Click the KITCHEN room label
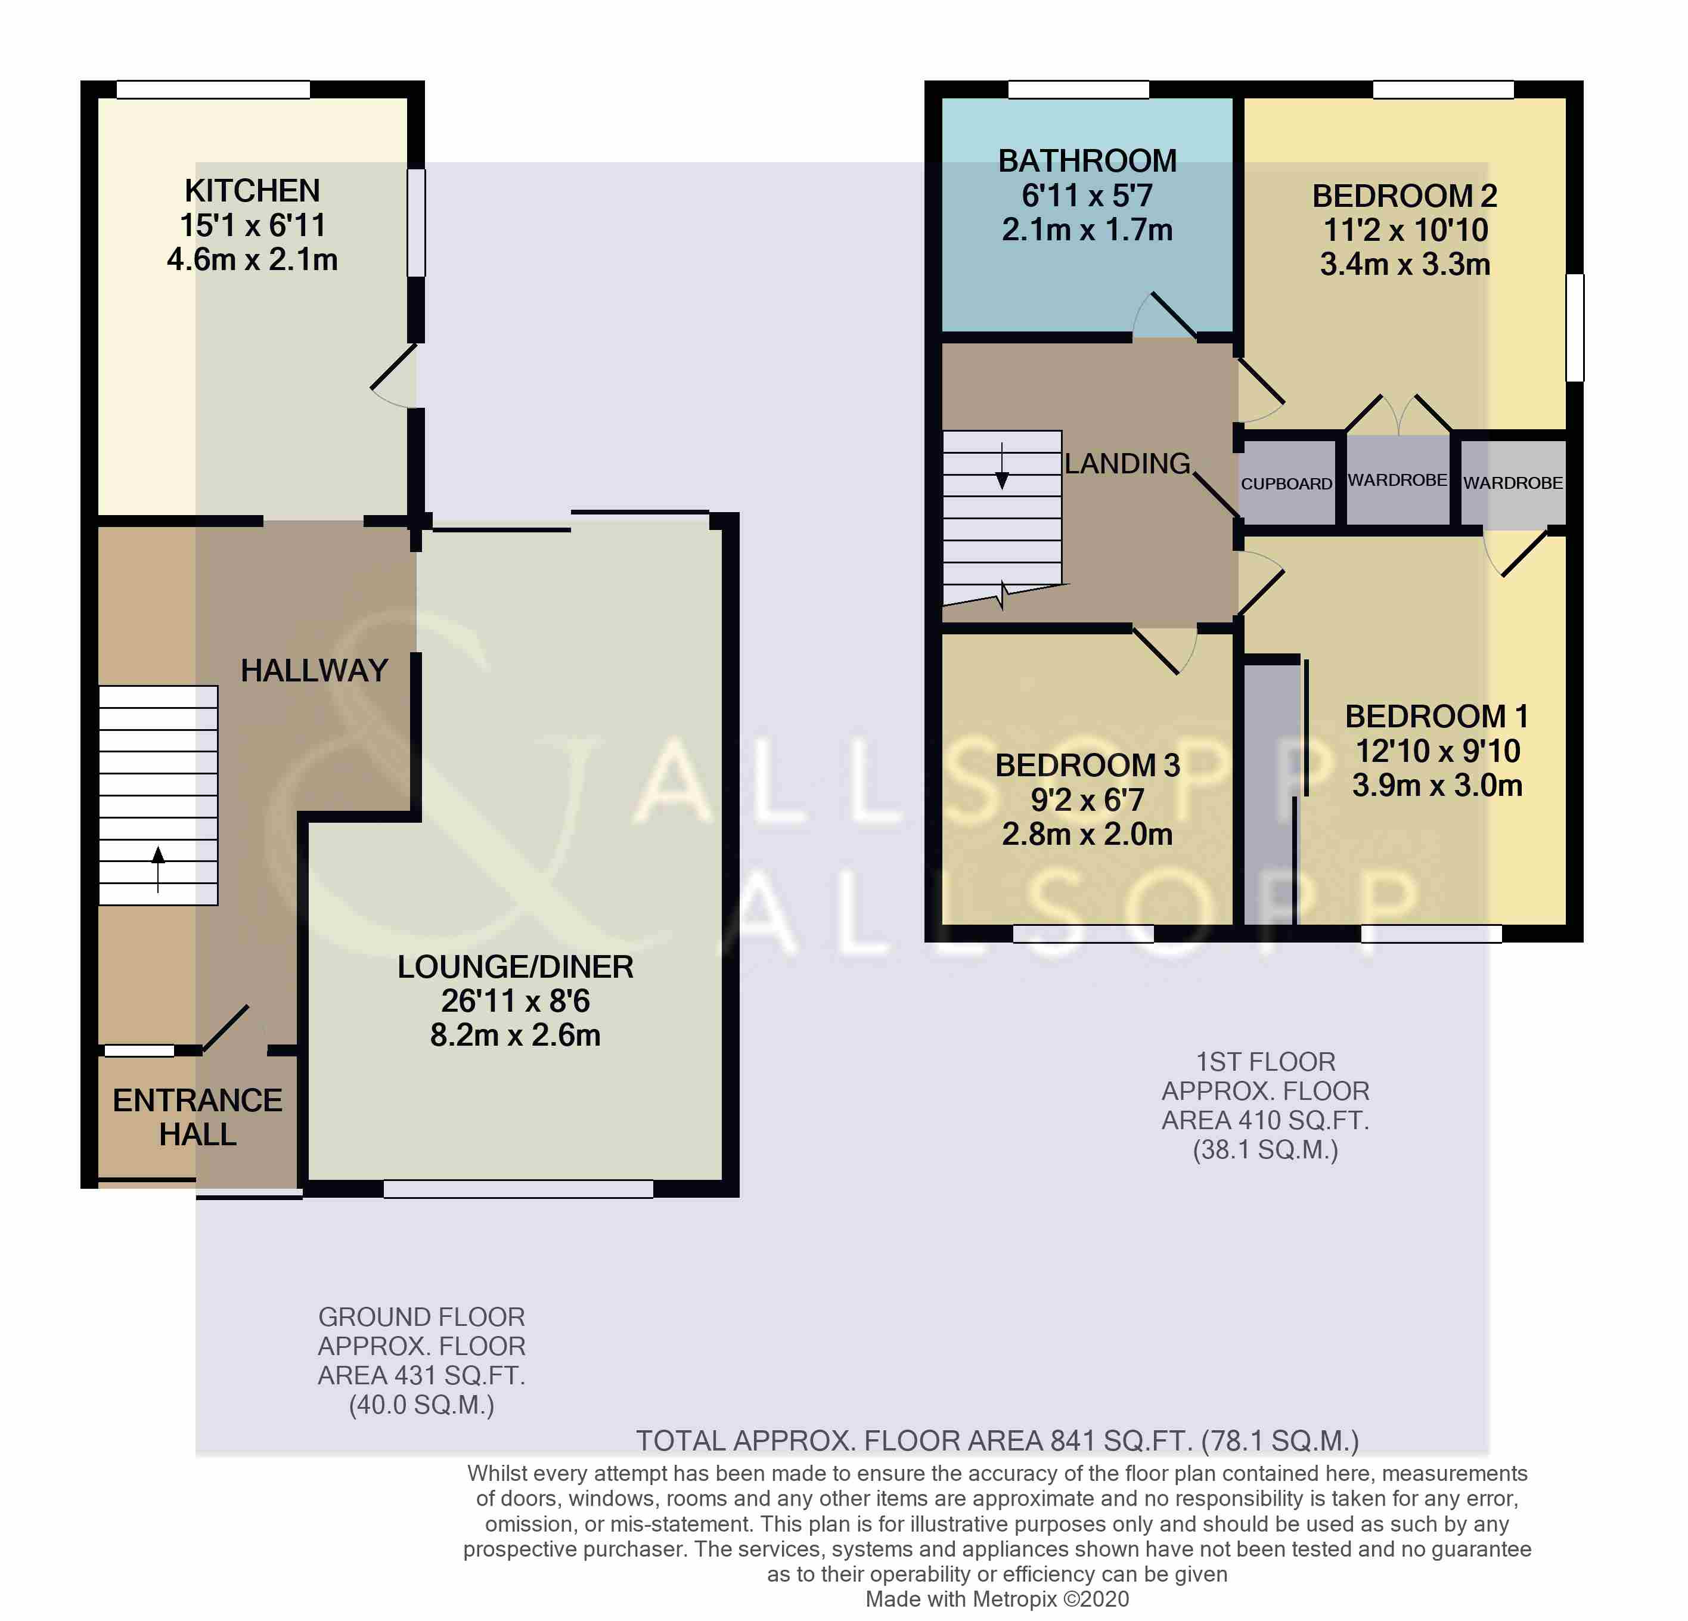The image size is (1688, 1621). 252,190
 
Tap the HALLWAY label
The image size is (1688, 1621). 314,671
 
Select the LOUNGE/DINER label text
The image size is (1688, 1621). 515,967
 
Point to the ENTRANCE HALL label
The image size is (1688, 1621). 197,1118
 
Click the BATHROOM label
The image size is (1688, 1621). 1087,161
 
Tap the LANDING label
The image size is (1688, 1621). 1127,463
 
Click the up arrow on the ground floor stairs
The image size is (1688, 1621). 159,869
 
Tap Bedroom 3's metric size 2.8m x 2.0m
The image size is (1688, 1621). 1087,835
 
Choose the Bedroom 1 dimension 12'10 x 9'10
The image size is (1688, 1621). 1438,751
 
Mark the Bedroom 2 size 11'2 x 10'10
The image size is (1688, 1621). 1405,230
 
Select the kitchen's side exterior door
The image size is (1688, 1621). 395,376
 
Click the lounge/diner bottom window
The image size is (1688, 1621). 519,1189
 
